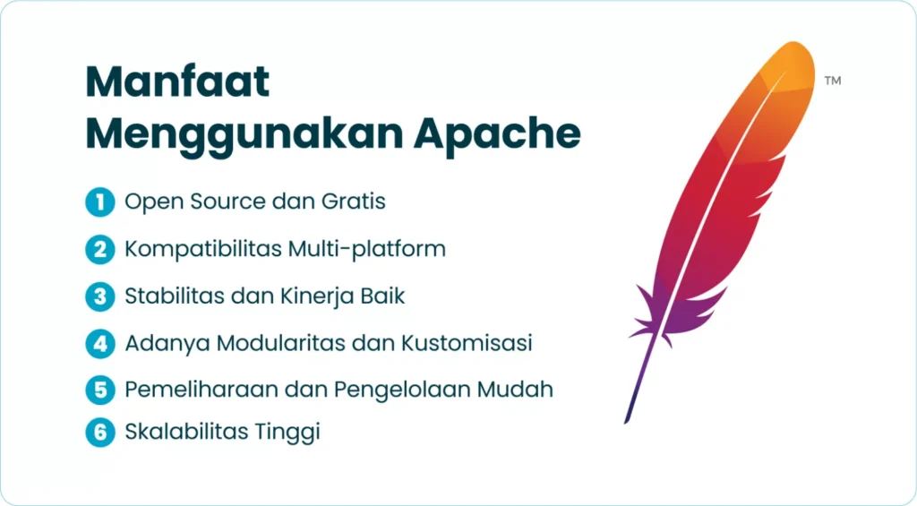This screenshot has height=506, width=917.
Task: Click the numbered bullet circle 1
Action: point(100,202)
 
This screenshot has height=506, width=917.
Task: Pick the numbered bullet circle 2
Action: point(100,249)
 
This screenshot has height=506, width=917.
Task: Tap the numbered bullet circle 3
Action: point(100,296)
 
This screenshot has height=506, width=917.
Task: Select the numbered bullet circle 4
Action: point(100,343)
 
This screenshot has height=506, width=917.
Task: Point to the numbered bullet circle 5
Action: point(100,390)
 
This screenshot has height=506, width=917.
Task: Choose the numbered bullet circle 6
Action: point(100,433)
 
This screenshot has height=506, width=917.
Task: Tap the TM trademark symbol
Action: point(833,81)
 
